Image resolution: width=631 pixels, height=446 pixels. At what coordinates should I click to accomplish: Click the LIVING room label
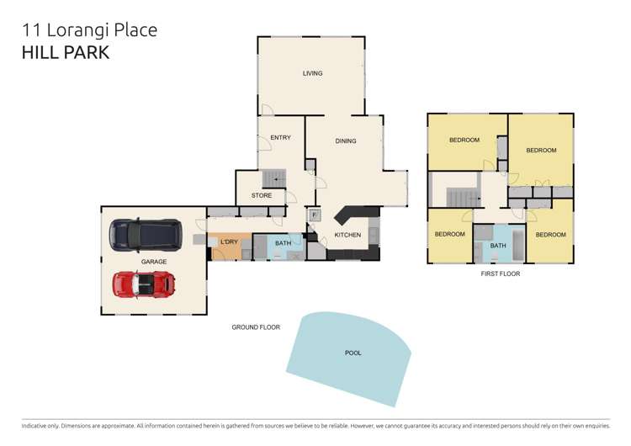coord(312,74)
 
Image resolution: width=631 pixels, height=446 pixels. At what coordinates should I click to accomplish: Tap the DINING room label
coord(346,141)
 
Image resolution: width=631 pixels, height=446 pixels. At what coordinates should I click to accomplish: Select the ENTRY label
coord(280,138)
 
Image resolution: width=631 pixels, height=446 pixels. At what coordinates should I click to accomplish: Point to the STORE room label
coord(262,196)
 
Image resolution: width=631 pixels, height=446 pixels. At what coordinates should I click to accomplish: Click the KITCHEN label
coord(347,235)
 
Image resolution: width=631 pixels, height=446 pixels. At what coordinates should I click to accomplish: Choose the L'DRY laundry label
coord(229,242)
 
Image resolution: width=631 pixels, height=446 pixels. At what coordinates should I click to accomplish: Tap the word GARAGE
coord(153,262)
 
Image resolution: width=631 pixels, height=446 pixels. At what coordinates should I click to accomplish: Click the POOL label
coord(353,353)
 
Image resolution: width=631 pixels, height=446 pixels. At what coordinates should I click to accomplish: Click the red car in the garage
coord(143,284)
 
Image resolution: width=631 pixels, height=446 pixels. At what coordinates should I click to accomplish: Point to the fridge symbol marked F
coord(314,215)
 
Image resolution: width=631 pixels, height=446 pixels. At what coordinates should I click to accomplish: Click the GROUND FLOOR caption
coord(256,327)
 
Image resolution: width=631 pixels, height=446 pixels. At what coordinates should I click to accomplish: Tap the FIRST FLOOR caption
coord(500,274)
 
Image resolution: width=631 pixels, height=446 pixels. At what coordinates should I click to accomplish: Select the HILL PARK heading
coord(66,52)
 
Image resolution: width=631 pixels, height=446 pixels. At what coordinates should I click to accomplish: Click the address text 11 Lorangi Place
coord(89,30)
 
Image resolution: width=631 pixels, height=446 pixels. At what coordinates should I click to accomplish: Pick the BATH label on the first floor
coord(498,246)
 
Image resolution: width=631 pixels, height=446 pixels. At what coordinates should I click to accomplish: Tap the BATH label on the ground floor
coord(283,243)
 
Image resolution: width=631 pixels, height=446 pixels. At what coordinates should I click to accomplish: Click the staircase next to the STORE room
coord(274,178)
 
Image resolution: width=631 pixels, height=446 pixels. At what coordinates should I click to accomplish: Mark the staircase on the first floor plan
coord(460,199)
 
